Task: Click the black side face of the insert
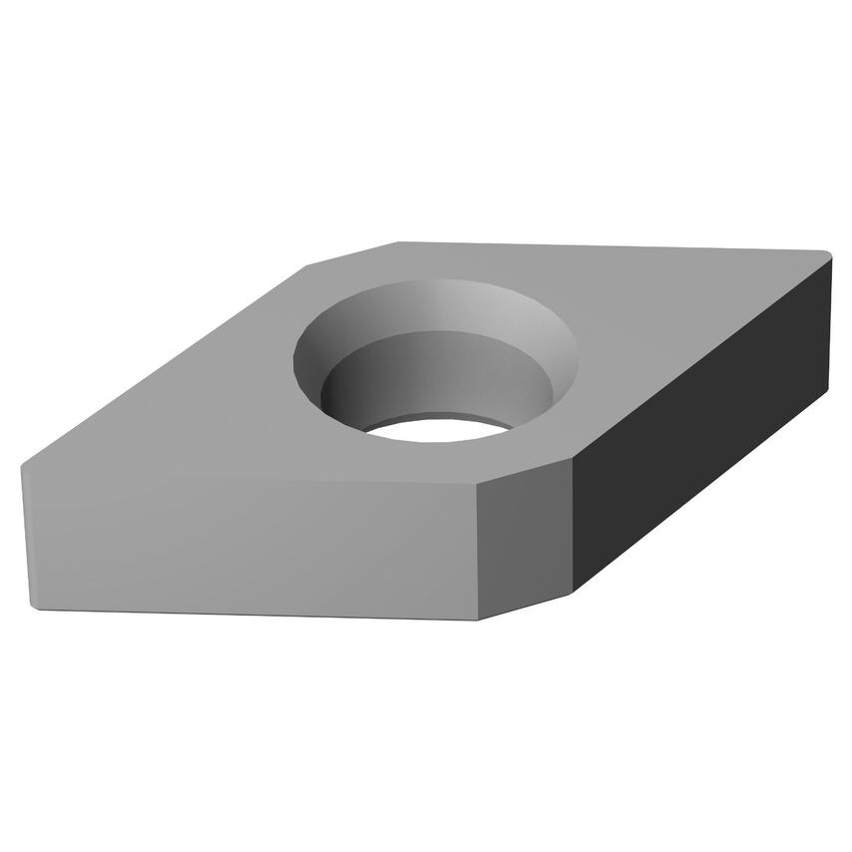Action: [698, 419]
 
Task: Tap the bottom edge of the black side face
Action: [698, 494]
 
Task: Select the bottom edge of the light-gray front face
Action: [249, 613]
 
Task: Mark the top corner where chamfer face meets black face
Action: [574, 461]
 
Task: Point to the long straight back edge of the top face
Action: [609, 246]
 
